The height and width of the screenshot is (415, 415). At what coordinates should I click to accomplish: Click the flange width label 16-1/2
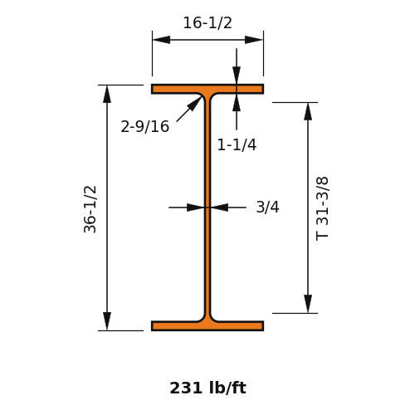coord(207,22)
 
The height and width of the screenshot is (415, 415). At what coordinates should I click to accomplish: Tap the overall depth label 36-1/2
coord(90,209)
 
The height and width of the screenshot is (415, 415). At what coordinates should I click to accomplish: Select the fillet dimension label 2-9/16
coord(144,127)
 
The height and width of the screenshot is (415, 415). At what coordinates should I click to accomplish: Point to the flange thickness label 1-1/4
coord(237,144)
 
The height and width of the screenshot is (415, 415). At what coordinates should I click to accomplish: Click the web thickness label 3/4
coord(267,207)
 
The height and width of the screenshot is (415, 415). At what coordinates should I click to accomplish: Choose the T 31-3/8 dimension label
coord(322,208)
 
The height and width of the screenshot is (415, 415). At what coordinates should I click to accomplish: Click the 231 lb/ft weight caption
coord(207,388)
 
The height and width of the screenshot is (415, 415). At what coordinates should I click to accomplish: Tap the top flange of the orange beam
coord(207,89)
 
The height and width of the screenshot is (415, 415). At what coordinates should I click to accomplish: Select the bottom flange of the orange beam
coord(207,326)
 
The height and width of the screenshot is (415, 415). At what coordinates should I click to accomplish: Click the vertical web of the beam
coord(207,207)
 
